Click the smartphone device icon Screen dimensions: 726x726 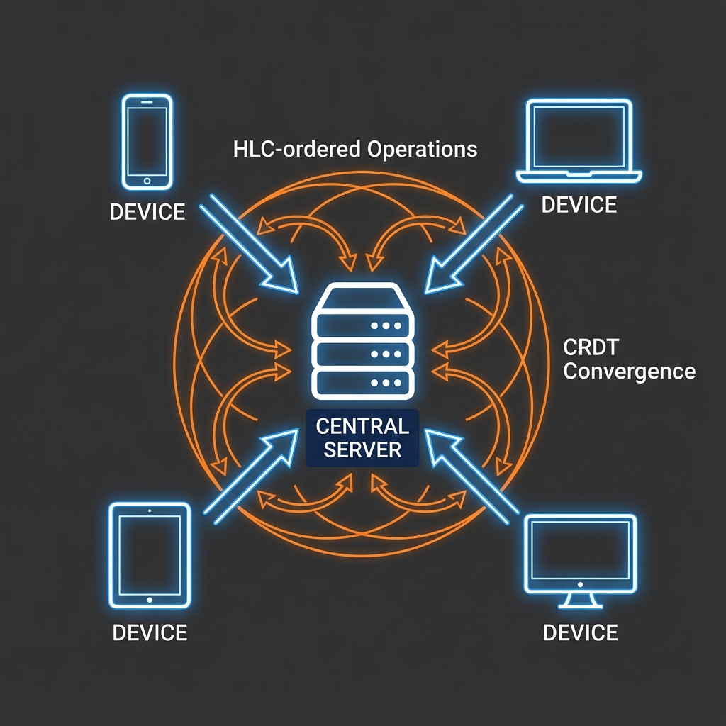pyautogui.click(x=147, y=143)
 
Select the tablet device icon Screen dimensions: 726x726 pyautogui.click(x=150, y=555)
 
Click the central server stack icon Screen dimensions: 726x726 pyautogui.click(x=362, y=340)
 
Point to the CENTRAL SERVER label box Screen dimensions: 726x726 pyautogui.click(x=362, y=437)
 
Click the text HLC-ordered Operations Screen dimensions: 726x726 pyautogui.click(x=354, y=149)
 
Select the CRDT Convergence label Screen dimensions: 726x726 pyautogui.click(x=628, y=359)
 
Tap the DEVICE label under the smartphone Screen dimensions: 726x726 pyautogui.click(x=147, y=211)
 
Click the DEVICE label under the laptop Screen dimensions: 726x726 pyautogui.click(x=579, y=205)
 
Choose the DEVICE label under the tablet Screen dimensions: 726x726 pyautogui.click(x=150, y=632)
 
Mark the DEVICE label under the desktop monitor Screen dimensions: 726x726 pyautogui.click(x=580, y=632)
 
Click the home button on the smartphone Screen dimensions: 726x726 pyautogui.click(x=147, y=181)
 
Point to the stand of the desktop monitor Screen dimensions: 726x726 pyautogui.click(x=579, y=602)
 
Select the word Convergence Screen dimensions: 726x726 pyautogui.click(x=628, y=371)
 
